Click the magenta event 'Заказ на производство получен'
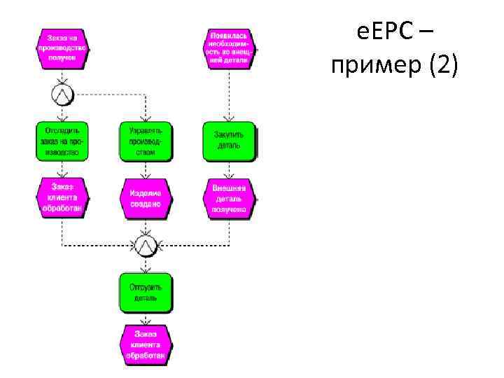(62, 48)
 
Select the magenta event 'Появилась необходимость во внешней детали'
(230, 48)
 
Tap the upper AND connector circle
(62, 92)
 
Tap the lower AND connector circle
(146, 245)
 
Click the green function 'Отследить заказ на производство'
(62, 141)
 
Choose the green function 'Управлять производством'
(146, 141)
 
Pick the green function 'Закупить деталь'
(230, 141)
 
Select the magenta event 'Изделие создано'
(146, 198)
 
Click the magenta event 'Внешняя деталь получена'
(230, 198)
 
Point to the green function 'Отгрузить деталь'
(146, 293)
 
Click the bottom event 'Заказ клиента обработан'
(146, 345)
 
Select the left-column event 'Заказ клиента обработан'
(62, 198)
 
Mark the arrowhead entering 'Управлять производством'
(146, 118)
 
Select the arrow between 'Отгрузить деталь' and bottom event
(146, 318)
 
